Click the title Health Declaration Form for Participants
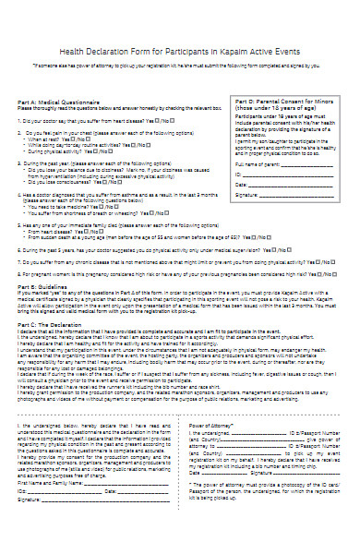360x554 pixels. coord(181,54)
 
